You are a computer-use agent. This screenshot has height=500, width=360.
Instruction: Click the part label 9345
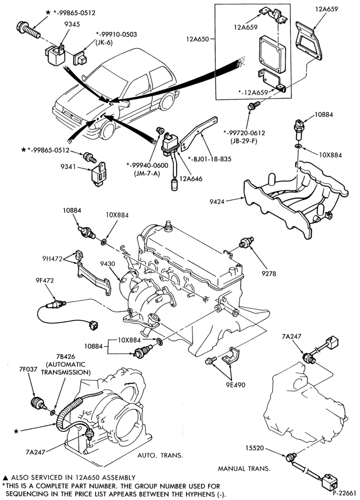[72, 24]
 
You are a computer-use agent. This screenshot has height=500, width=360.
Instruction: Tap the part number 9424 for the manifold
[217, 201]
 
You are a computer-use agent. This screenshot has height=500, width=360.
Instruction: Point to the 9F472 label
[44, 280]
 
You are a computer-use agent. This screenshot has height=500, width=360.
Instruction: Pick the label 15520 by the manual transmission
[254, 448]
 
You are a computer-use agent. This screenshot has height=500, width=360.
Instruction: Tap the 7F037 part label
[28, 369]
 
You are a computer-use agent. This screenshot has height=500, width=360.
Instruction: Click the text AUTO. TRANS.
[160, 455]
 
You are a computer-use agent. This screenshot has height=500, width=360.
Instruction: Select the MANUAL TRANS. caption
[244, 469]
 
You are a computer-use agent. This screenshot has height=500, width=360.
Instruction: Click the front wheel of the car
[108, 130]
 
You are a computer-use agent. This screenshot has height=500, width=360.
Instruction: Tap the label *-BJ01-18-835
[209, 159]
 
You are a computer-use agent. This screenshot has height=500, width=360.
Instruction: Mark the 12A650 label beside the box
[197, 39]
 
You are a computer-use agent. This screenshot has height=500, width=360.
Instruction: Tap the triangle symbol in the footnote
[5, 478]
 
